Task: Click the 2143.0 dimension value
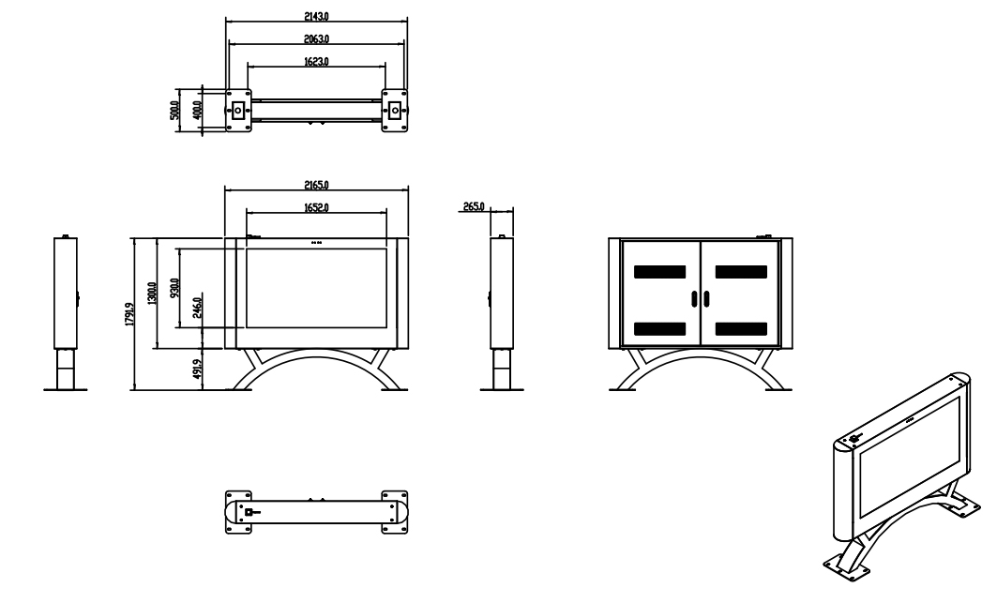coord(316,17)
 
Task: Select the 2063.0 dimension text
coord(316,39)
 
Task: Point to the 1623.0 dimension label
coord(316,62)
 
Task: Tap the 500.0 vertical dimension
coord(173,111)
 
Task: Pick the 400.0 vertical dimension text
coord(196,111)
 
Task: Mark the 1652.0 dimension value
coord(316,207)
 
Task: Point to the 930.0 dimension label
coord(174,288)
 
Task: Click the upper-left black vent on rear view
coord(659,272)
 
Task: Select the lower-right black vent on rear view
coord(742,329)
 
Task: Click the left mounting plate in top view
coord(238,111)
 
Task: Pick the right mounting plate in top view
coord(396,111)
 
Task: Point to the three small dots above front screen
coord(316,242)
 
